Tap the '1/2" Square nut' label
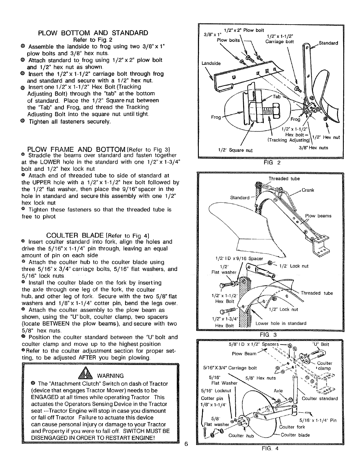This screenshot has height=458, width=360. click(236, 150)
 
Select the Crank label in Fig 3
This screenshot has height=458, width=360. click(308, 190)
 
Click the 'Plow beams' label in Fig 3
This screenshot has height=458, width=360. click(318, 216)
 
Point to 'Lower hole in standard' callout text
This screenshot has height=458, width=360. click(281, 323)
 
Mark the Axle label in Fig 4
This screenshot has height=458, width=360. click(278, 391)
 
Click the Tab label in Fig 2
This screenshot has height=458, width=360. click(277, 97)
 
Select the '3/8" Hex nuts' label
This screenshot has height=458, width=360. click(313, 148)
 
